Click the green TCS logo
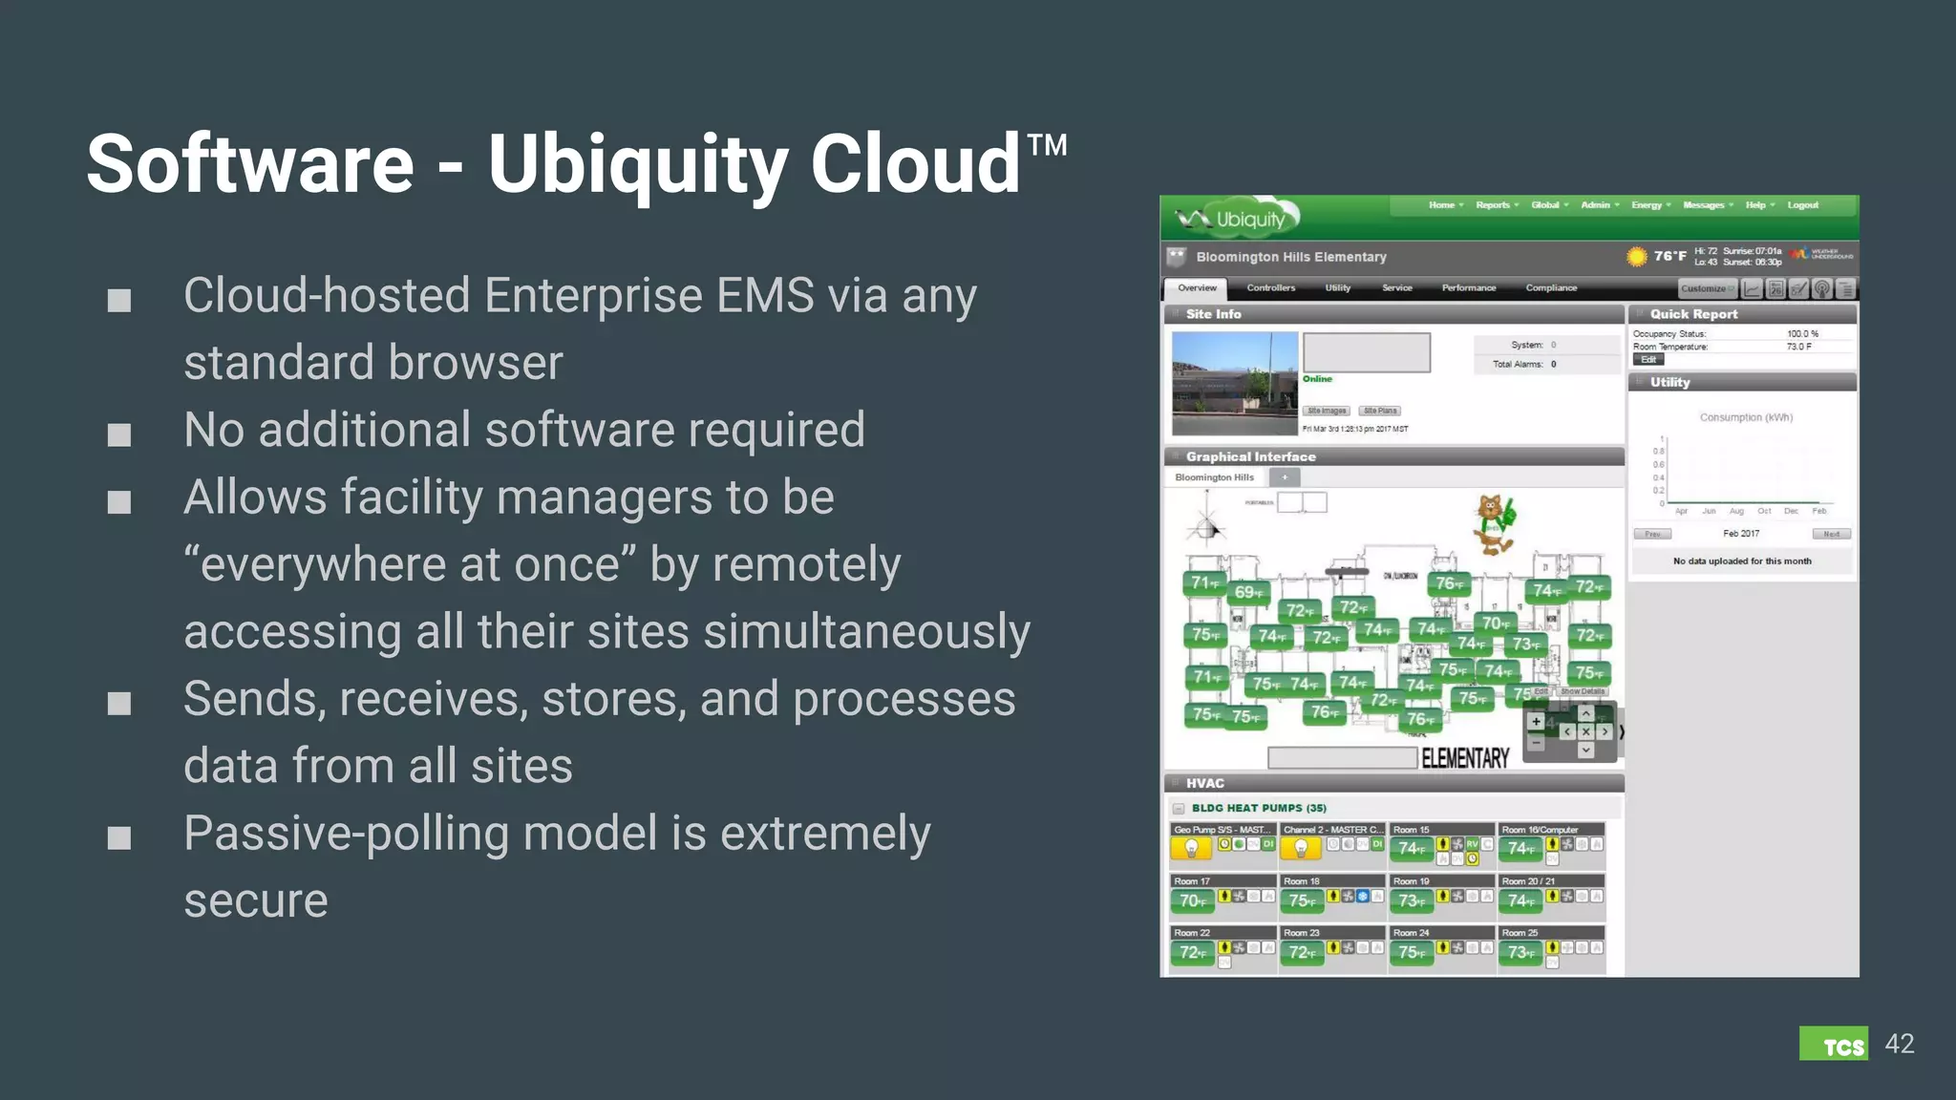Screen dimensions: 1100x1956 1833,1044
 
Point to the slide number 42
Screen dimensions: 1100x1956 1899,1044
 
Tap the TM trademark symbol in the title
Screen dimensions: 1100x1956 1047,145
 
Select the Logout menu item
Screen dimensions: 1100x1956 1802,205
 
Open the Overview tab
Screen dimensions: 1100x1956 1197,288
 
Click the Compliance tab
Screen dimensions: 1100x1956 1551,288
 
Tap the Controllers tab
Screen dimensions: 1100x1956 1270,288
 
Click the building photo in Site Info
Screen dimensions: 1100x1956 1234,383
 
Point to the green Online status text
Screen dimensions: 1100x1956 1317,379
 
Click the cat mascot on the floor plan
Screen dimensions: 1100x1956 1494,524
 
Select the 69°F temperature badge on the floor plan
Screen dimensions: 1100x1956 1248,593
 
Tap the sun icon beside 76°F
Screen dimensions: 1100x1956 1636,256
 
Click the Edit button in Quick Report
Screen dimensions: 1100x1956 1648,360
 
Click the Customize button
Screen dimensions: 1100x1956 1706,288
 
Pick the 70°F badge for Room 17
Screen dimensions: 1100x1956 1193,900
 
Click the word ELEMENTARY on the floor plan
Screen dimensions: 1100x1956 1465,758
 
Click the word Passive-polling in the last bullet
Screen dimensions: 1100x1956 347,834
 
